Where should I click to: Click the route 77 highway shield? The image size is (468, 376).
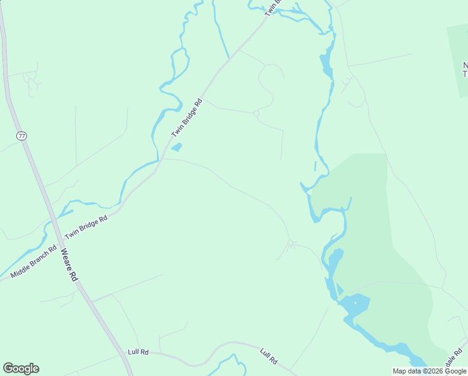pos(23,135)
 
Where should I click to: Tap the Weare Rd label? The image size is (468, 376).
pos(68,265)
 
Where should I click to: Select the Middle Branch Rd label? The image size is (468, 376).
pos(38,265)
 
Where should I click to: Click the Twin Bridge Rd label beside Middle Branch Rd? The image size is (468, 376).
pos(86,226)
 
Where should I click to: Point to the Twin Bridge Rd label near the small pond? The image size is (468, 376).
pos(188,118)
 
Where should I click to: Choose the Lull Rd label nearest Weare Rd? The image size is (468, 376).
pos(138,352)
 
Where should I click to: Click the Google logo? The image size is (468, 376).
pos(21,368)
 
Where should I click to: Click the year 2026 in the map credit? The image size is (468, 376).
pos(430,371)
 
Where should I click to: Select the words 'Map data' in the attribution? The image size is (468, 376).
pos(406,371)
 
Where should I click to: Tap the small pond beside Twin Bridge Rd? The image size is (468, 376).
pos(176,148)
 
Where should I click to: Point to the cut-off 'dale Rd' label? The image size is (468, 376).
pos(456,360)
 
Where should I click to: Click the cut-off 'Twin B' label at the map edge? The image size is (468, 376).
pos(274,7)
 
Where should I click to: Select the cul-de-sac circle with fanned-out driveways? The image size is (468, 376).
pos(290,243)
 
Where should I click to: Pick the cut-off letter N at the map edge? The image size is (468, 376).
pos(465,66)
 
